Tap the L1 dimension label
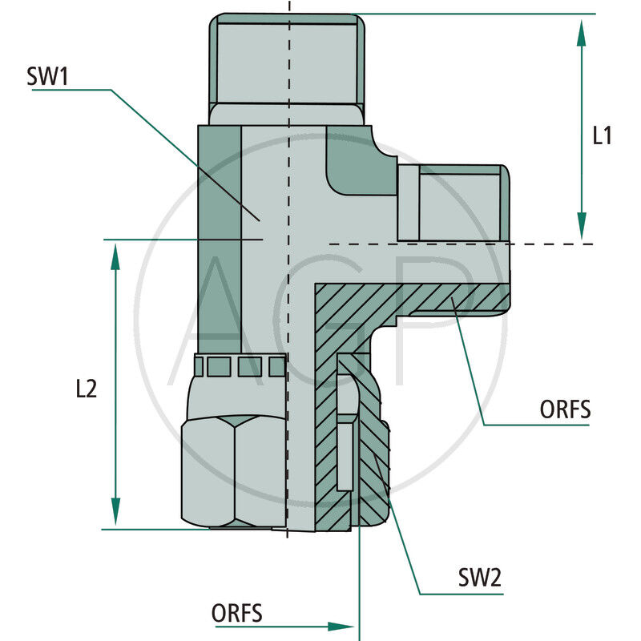(602, 136)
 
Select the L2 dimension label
(86, 389)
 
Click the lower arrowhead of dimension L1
(582, 225)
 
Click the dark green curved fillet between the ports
(361, 167)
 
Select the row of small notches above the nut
(240, 366)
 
